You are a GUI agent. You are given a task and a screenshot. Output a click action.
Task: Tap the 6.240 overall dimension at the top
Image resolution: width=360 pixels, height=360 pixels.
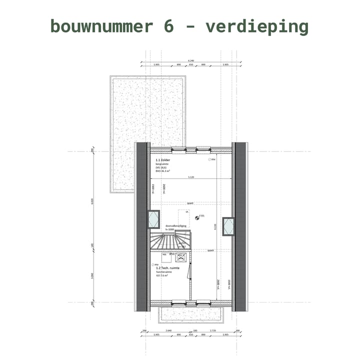point(191,60)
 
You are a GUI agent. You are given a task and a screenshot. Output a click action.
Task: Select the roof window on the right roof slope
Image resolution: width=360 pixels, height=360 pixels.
point(228,225)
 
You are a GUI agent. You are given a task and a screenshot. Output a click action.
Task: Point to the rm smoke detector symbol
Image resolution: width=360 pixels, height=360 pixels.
point(198,216)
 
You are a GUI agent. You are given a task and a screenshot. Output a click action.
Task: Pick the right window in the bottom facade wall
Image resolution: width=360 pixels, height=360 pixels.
point(203,302)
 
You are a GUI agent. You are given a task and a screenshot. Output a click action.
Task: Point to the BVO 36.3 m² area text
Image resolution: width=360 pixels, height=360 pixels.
point(162,171)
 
